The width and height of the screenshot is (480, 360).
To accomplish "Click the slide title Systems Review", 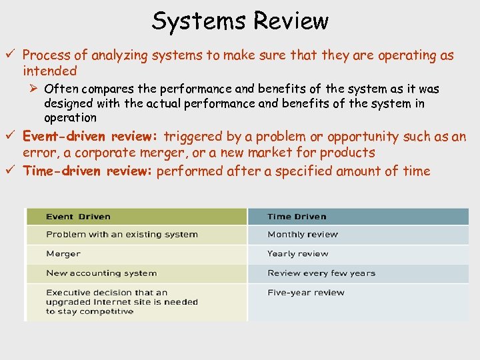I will [x=240, y=21].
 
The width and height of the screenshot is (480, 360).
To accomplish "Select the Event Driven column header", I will [x=78, y=217].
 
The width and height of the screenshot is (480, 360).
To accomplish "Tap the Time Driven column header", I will [x=297, y=217].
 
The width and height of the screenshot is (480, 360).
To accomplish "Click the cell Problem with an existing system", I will [x=122, y=235].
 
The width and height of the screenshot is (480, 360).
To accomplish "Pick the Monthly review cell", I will [x=303, y=235].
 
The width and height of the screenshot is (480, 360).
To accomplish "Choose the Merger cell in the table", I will [x=63, y=254].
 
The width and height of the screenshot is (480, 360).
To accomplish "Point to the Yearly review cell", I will [x=298, y=254].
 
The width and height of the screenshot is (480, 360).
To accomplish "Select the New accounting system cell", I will [x=101, y=273].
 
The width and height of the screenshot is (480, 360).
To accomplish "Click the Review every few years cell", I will [x=321, y=273].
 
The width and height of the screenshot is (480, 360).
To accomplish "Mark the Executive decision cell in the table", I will [x=122, y=302].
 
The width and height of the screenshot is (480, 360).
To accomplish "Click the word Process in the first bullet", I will [x=45, y=56].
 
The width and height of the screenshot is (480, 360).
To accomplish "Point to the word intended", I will [x=50, y=71].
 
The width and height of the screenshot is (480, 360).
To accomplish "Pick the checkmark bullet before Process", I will [x=14, y=55].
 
